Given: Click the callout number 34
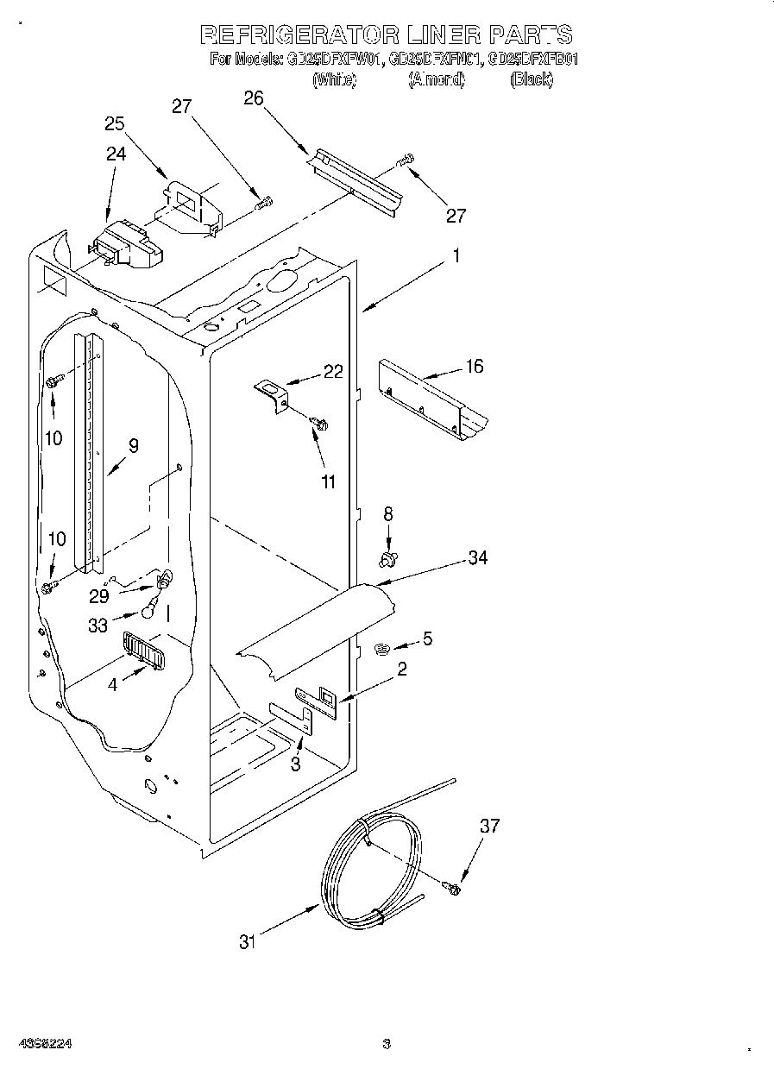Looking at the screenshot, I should point(478,558).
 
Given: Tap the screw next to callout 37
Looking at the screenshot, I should point(451,885).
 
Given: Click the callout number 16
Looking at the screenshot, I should point(475,367).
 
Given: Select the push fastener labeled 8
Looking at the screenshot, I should point(388,561).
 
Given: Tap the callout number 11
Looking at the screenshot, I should point(328,481).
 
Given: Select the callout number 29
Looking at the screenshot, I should point(99,596).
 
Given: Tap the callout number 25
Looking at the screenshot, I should point(115,123).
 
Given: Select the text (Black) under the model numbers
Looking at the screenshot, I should point(531,80).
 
